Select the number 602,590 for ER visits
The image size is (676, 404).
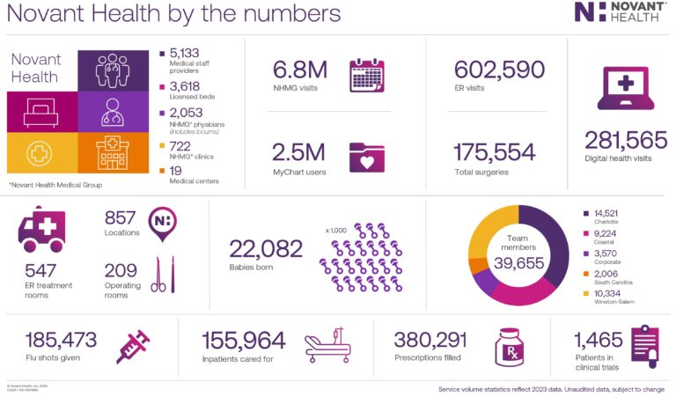point(499,70)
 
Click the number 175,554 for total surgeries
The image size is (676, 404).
point(495,151)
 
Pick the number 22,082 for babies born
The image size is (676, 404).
point(266,249)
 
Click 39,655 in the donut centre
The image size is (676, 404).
point(518,263)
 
